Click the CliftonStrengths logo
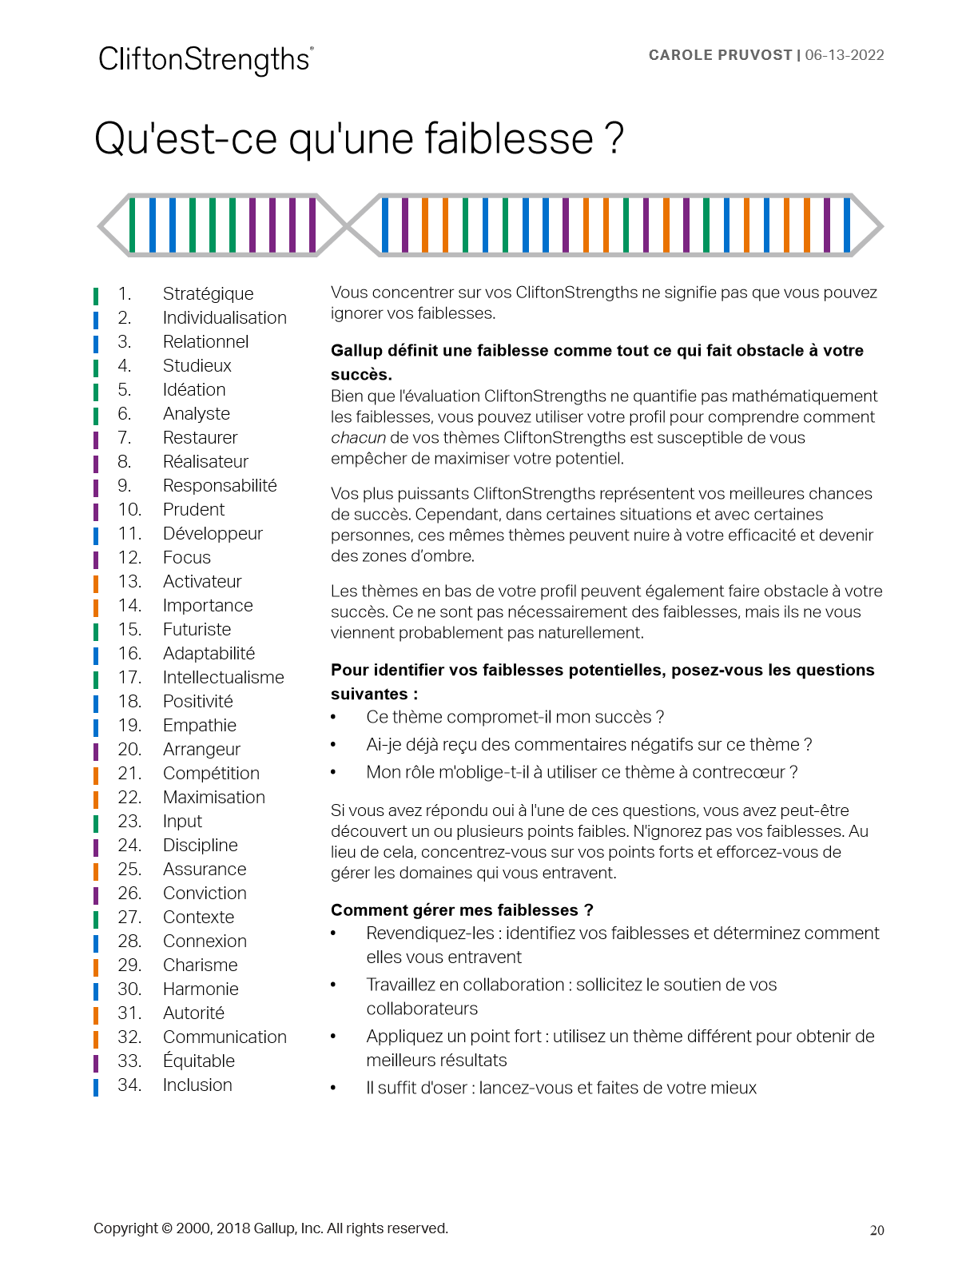tap(205, 60)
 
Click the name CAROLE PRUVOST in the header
tap(720, 55)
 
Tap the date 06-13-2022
tap(845, 55)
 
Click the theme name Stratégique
tap(208, 294)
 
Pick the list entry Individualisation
tap(225, 318)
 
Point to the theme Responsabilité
tap(220, 486)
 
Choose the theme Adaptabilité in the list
tap(209, 654)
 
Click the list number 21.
tap(129, 774)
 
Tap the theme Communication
tap(225, 1037)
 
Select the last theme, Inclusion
tap(197, 1085)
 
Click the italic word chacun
tap(358, 438)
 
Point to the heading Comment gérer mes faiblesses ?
tap(462, 910)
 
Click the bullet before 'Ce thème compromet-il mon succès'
tap(334, 718)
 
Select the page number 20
tap(877, 1231)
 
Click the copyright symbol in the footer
tap(167, 1229)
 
